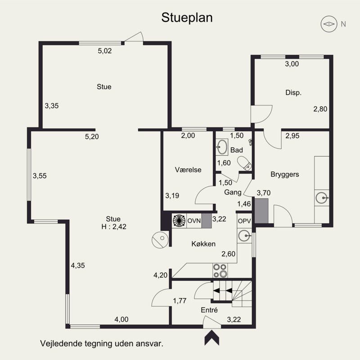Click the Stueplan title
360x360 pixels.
(187, 18)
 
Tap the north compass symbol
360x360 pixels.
(329, 24)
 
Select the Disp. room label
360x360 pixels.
(293, 93)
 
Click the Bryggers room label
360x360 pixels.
(284, 174)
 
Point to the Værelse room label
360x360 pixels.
(188, 170)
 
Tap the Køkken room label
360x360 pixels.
(203, 244)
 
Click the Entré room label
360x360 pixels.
(209, 310)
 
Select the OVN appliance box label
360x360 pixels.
(194, 220)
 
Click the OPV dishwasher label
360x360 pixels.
(244, 221)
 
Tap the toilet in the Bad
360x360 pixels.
(245, 164)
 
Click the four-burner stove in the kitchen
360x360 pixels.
(220, 270)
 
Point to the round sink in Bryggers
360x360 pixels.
(322, 197)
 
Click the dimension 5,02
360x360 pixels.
(104, 51)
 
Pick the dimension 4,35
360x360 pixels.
(78, 265)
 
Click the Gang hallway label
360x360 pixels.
(231, 192)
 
